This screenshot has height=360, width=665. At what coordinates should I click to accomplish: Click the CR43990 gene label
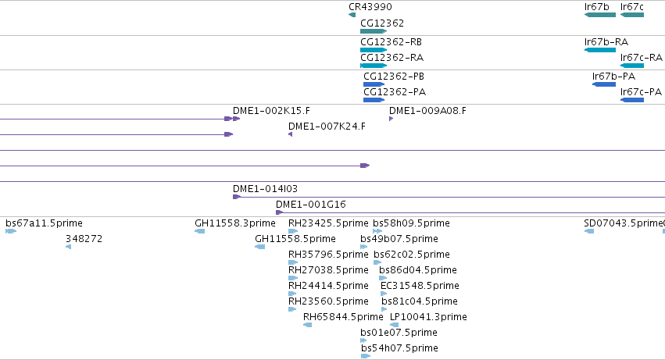pyautogui.click(x=370, y=7)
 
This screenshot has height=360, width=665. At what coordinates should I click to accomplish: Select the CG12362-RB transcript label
pyautogui.click(x=391, y=42)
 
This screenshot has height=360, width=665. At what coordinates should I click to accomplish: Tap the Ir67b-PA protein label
pyautogui.click(x=613, y=77)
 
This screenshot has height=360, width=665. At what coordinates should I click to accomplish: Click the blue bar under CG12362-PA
pyautogui.click(x=374, y=100)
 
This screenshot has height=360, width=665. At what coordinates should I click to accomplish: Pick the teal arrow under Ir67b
pyautogui.click(x=599, y=15)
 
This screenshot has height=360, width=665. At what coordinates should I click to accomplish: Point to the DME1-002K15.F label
pyautogui.click(x=271, y=111)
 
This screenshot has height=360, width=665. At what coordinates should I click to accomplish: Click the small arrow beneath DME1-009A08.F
pyautogui.click(x=391, y=119)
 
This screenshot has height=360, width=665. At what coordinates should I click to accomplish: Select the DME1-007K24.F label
pyautogui.click(x=327, y=127)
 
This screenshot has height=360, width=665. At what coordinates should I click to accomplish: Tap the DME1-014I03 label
pyautogui.click(x=265, y=189)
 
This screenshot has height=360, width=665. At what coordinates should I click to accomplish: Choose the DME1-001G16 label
pyautogui.click(x=311, y=205)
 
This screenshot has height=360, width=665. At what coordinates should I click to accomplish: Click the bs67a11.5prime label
pyautogui.click(x=44, y=223)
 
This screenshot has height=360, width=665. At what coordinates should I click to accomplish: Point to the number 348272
pyautogui.click(x=84, y=239)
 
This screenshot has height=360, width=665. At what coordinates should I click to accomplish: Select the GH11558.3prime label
pyautogui.click(x=235, y=223)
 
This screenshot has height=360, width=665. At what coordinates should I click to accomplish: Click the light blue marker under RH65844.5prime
pyautogui.click(x=307, y=325)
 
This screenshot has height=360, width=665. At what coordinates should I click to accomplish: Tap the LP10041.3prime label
pyautogui.click(x=428, y=317)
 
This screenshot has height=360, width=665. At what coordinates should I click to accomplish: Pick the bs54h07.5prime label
pyautogui.click(x=399, y=348)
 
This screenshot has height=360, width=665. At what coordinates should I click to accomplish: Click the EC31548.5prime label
pyautogui.click(x=420, y=285)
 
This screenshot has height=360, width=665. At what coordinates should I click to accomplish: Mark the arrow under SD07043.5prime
pyautogui.click(x=589, y=231)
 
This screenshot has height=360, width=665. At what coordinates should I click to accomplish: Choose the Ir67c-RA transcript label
pyautogui.click(x=642, y=58)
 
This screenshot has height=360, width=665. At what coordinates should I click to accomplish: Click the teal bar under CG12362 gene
pyautogui.click(x=374, y=31)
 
